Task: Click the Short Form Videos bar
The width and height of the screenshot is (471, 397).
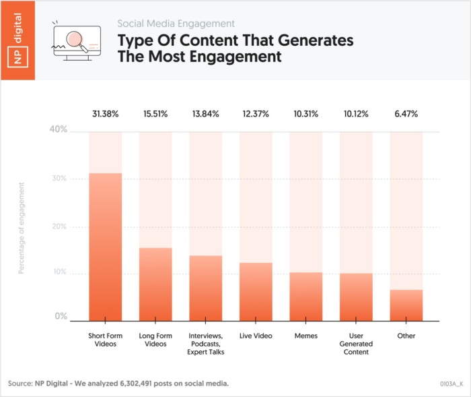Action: tap(105, 247)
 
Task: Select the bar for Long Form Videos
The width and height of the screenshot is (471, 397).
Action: tap(155, 284)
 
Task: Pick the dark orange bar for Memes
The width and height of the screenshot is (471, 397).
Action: tap(306, 297)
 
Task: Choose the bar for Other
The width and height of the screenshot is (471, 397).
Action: tap(406, 305)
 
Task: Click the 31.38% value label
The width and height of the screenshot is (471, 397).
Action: tap(105, 114)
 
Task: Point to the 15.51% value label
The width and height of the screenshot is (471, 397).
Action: tap(155, 114)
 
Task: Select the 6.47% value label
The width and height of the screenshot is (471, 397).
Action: tap(406, 114)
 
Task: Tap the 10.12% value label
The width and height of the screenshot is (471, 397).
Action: tap(356, 114)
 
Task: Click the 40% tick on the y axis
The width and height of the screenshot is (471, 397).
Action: tap(59, 129)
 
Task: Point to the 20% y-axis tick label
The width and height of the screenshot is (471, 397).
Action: tap(59, 226)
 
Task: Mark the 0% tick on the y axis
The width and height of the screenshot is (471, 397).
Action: tap(61, 316)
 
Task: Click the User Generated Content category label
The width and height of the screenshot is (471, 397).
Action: tap(356, 343)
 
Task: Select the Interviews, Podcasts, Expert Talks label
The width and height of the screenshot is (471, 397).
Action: tap(206, 343)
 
